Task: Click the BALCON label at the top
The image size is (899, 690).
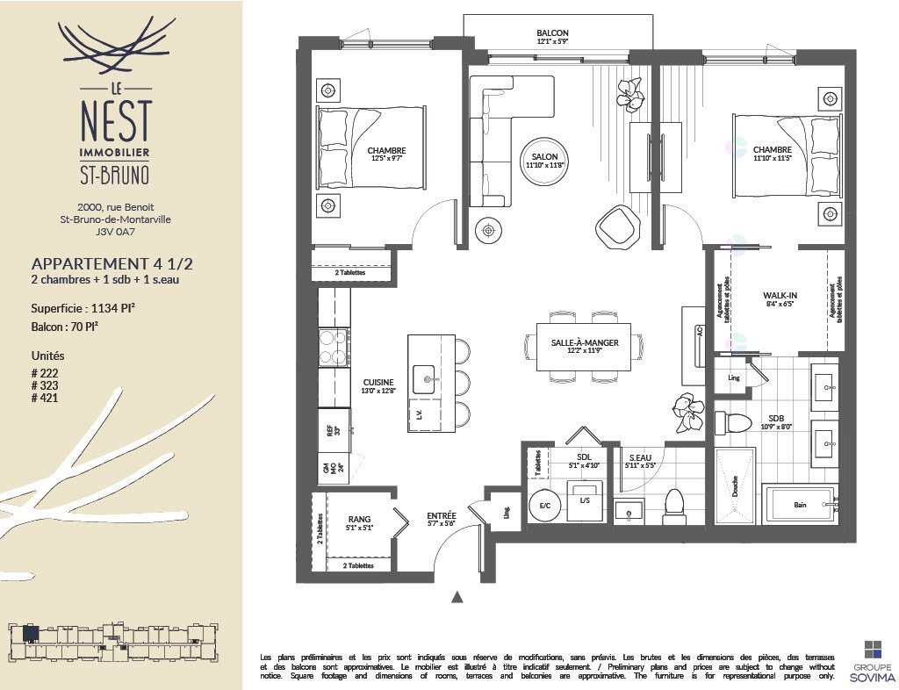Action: click(x=553, y=32)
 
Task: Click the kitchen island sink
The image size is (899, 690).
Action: click(x=429, y=378)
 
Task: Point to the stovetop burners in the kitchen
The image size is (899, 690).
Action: click(x=334, y=345)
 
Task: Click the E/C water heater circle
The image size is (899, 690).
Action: click(x=544, y=506)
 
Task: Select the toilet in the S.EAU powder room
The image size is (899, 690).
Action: click(x=674, y=504)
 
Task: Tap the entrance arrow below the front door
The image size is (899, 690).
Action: click(x=457, y=598)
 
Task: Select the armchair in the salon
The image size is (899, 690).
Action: click(x=619, y=227)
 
